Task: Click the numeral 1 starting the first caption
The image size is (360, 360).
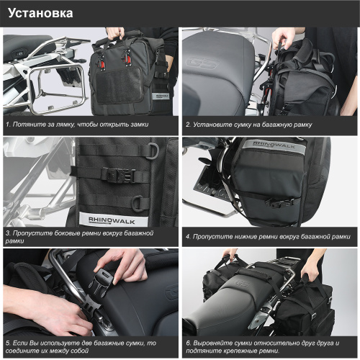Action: tap(7, 125)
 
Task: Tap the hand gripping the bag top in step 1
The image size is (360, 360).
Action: tap(115, 33)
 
